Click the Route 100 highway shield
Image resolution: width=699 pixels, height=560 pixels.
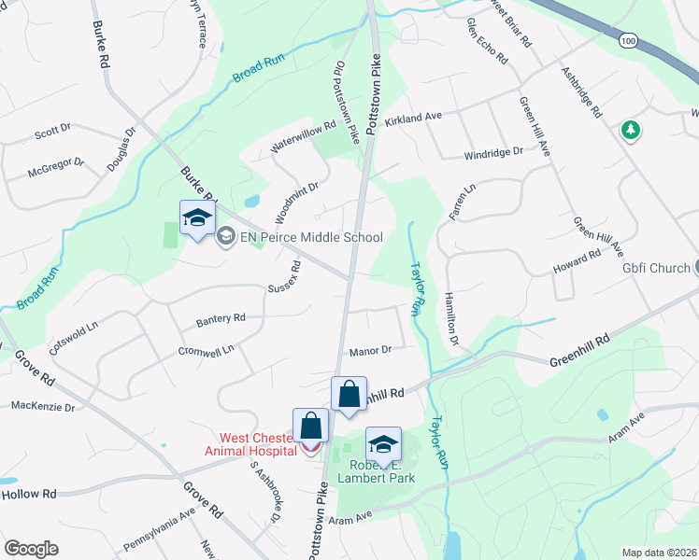point(628,42)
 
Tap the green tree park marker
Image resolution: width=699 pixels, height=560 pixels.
point(631,131)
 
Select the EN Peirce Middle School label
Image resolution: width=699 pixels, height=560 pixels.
point(312,237)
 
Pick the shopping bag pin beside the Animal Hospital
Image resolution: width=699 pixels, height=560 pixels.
point(310,427)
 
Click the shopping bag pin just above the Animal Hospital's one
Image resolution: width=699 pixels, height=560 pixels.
point(349,395)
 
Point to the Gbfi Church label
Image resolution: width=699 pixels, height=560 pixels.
point(656,269)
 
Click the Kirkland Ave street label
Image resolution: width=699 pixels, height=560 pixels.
point(413,119)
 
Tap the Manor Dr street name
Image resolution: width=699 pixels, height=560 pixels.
point(368,351)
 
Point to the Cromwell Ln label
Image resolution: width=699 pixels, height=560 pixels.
point(206,350)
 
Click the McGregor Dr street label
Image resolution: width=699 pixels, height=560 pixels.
point(56,168)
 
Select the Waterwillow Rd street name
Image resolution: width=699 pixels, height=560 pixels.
point(302,137)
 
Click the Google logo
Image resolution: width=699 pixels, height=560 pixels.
point(31,549)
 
